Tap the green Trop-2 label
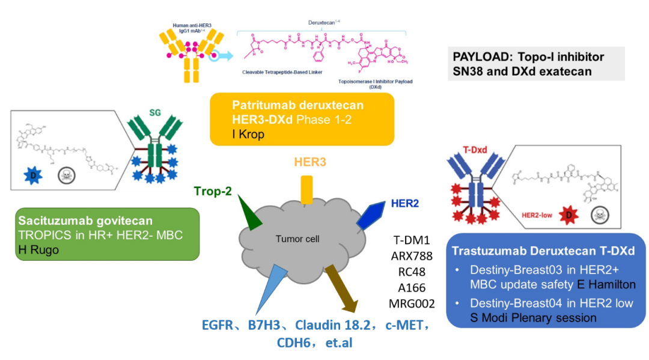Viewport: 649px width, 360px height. pyautogui.click(x=213, y=191)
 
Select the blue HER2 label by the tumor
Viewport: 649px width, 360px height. pyautogui.click(x=404, y=203)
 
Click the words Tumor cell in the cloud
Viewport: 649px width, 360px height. pyautogui.click(x=297, y=239)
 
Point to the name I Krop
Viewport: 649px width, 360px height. pyautogui.click(x=248, y=134)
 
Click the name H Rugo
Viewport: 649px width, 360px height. pyautogui.click(x=38, y=250)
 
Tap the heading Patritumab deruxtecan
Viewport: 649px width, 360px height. pyautogui.click(x=297, y=105)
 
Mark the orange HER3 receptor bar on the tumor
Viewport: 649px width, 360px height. pyautogui.click(x=306, y=188)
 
